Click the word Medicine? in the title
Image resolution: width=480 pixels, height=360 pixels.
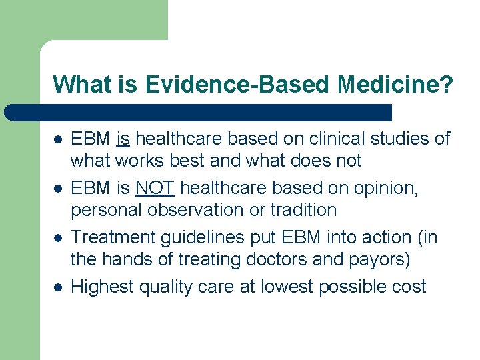pos(395,85)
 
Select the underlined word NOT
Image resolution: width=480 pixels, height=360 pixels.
pos(154,189)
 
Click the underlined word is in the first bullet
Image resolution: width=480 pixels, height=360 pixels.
pos(123,139)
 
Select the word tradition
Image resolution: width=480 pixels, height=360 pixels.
pos(304,210)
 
